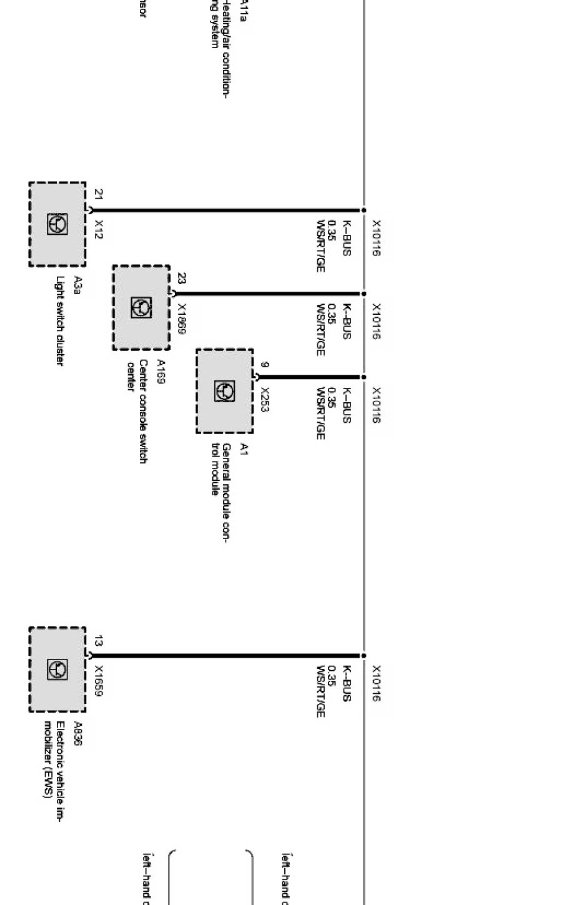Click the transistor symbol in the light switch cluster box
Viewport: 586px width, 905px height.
tap(57, 224)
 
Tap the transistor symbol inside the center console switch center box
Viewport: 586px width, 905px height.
tap(141, 307)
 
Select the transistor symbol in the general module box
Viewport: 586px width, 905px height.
tap(224, 391)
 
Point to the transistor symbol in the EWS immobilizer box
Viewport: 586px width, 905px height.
tap(57, 670)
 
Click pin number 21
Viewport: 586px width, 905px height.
tap(99, 194)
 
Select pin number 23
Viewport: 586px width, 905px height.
tap(182, 278)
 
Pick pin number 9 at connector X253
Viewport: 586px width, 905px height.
tap(265, 364)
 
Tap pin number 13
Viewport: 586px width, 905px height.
tap(99, 641)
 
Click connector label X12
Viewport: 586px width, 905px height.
tap(99, 229)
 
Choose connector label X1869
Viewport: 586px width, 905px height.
tap(182, 319)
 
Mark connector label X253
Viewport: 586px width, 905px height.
tap(265, 400)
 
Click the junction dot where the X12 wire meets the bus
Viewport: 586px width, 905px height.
tap(364, 210)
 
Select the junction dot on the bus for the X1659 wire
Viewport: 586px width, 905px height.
tap(364, 656)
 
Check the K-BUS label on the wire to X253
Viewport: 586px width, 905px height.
tap(347, 405)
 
